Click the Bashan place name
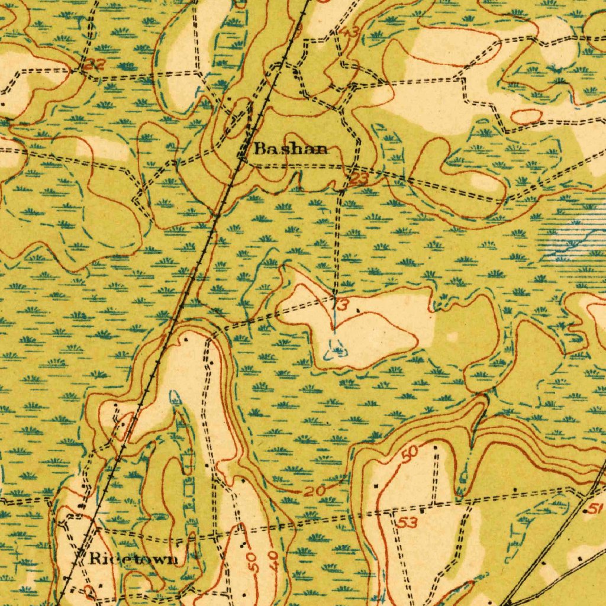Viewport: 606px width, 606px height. [x=291, y=149]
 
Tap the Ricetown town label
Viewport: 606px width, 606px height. [x=133, y=558]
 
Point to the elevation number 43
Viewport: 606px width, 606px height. [x=350, y=33]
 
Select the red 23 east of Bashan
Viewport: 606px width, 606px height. [x=359, y=178]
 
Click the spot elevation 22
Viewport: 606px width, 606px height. [x=95, y=65]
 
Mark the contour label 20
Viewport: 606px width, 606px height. [x=315, y=491]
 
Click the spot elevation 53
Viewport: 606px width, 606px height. [x=407, y=522]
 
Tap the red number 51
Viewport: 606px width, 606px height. [x=595, y=508]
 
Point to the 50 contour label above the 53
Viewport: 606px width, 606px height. [x=409, y=454]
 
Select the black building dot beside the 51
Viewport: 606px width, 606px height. [x=585, y=510]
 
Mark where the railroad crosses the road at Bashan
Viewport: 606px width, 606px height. [x=243, y=155]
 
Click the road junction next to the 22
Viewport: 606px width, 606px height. [x=80, y=70]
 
